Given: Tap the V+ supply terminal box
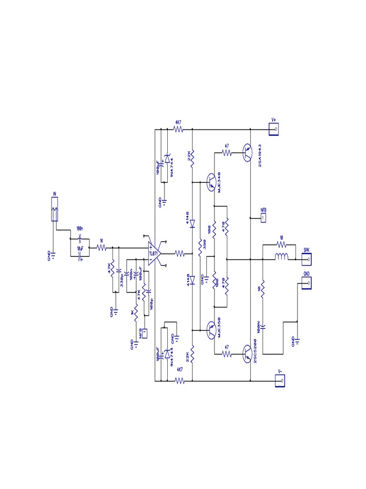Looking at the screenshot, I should click(x=274, y=129).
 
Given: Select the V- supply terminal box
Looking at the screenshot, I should click(x=281, y=381).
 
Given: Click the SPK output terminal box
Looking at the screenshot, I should click(x=308, y=259).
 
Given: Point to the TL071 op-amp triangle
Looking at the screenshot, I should click(x=153, y=253).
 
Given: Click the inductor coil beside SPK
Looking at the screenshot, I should click(x=282, y=259).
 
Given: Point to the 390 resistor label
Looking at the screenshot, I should click(x=203, y=243).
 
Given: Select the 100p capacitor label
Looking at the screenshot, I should click(x=152, y=303).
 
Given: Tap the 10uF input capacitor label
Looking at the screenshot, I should click(x=81, y=249).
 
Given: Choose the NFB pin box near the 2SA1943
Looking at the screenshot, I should click(x=263, y=217).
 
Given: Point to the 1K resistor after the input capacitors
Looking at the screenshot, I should click(x=101, y=247).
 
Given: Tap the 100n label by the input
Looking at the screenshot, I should click(x=80, y=229).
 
